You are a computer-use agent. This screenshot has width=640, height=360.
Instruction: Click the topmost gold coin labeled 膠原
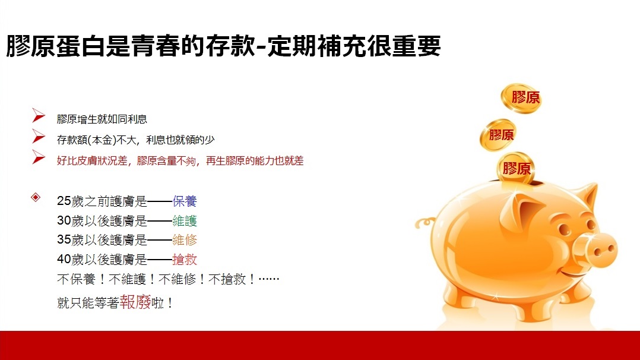click(x=521, y=98)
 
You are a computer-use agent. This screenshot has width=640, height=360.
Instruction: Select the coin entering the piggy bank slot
click(x=515, y=168)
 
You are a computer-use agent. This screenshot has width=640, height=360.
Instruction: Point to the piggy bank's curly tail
click(x=425, y=223)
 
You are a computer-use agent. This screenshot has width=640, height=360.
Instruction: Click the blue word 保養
click(x=185, y=201)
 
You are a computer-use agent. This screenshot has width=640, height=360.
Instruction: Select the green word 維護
click(x=185, y=220)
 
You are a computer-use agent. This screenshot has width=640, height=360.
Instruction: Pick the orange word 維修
click(x=185, y=240)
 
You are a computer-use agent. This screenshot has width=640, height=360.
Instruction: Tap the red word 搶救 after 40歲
click(x=185, y=260)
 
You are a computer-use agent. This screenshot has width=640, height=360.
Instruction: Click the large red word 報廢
click(x=135, y=302)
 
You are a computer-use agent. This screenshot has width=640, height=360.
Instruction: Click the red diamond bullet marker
click(x=36, y=197)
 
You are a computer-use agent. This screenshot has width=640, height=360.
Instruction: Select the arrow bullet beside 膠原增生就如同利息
click(x=39, y=116)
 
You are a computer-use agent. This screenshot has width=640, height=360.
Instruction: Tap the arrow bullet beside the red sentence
click(x=39, y=157)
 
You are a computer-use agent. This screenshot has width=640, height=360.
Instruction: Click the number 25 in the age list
click(x=64, y=201)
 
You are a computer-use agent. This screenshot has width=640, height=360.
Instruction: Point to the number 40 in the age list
click(x=64, y=260)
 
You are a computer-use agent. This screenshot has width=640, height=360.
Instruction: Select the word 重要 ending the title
click(x=416, y=46)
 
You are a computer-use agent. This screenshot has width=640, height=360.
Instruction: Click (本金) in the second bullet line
click(x=101, y=140)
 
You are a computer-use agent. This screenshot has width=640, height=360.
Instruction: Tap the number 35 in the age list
click(x=64, y=240)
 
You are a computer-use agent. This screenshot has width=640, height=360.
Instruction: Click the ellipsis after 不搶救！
click(x=269, y=279)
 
